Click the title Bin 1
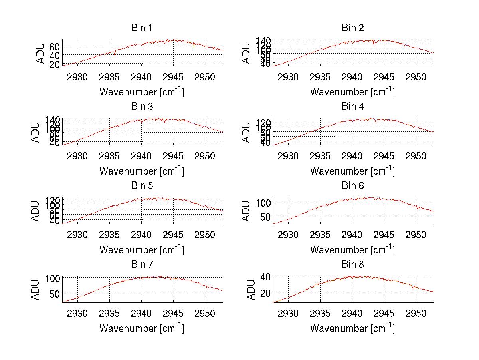[x=142, y=28]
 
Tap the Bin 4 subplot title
[x=353, y=107]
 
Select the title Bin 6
[x=353, y=185]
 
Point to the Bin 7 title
[x=142, y=264]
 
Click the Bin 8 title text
[x=353, y=264]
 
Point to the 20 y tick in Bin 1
[x=55, y=64]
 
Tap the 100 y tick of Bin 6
[x=263, y=202]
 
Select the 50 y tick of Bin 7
[x=55, y=293]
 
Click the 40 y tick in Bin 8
[x=265, y=276]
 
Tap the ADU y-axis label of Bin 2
[x=247, y=53]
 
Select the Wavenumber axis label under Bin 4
[x=352, y=171]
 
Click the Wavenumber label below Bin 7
[x=142, y=328]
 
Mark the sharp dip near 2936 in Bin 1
[x=115, y=55]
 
